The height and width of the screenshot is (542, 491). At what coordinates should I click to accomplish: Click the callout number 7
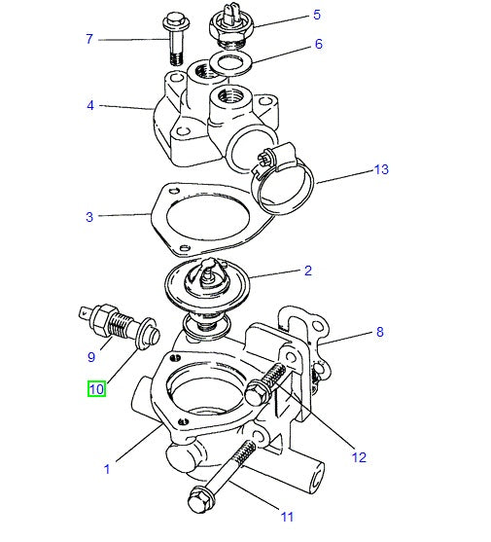(88, 39)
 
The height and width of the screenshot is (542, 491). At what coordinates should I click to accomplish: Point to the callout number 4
(89, 105)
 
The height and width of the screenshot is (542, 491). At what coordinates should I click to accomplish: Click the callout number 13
(381, 169)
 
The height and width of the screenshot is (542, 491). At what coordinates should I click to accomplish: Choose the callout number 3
(88, 216)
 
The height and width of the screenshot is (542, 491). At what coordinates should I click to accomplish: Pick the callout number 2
(307, 271)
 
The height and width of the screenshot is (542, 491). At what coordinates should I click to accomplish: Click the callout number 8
(379, 332)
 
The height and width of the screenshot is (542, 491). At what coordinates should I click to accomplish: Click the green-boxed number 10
(96, 389)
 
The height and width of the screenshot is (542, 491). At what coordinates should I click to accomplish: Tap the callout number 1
(106, 469)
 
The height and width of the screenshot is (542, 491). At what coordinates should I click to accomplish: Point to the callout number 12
(359, 457)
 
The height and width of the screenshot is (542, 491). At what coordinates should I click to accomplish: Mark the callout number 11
(287, 517)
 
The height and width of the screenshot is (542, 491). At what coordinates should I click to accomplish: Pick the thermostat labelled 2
(207, 286)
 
